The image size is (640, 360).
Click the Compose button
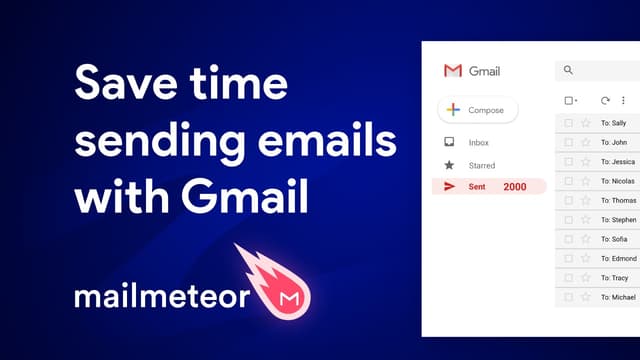point(478,110)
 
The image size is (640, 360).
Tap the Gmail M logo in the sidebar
point(453,71)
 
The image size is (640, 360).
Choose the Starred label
point(482,165)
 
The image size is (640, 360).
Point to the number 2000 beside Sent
point(515,187)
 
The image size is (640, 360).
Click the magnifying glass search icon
point(569,70)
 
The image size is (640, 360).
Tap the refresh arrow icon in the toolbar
point(605,100)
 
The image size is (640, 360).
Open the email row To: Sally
point(613,123)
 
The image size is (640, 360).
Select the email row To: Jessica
point(617,162)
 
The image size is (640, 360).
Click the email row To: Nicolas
point(617,181)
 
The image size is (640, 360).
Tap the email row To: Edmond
point(617,259)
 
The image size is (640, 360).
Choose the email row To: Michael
point(617,298)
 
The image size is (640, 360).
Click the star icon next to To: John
point(586,143)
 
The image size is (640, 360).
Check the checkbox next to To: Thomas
point(569,201)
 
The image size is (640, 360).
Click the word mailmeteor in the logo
point(161,297)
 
